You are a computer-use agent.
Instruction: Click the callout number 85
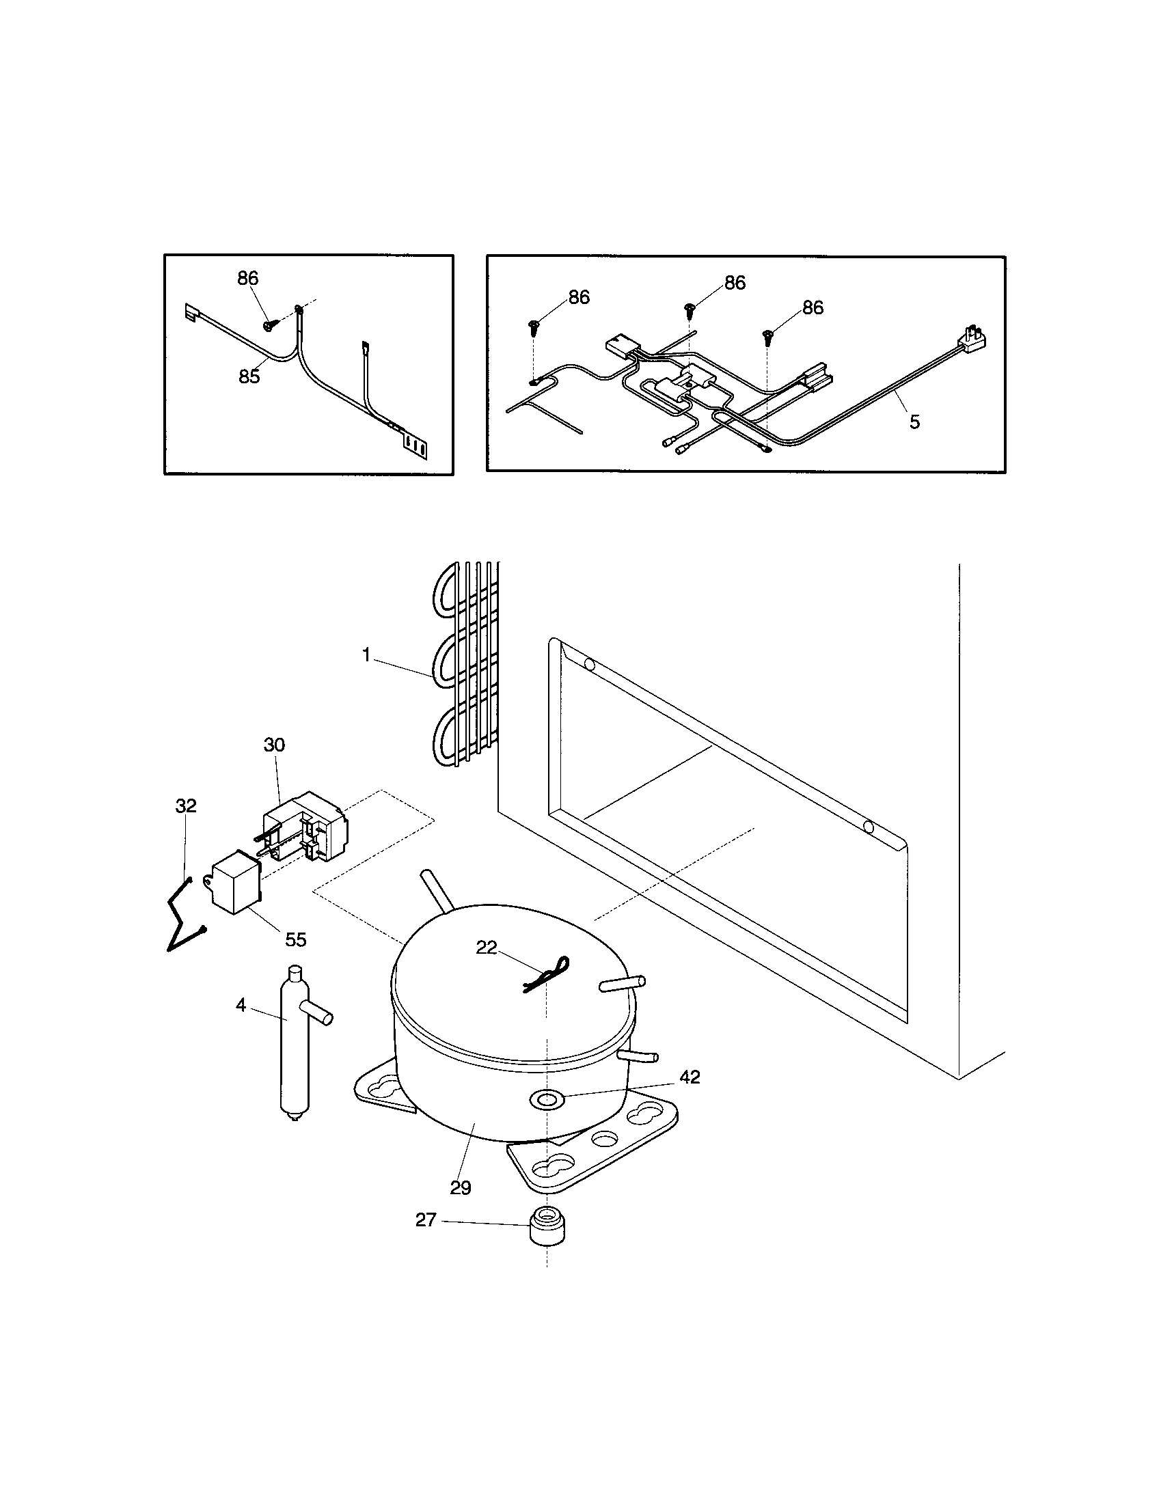(249, 376)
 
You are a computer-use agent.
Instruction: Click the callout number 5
(914, 422)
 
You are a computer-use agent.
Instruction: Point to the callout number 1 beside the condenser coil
(367, 654)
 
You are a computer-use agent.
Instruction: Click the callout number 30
(274, 745)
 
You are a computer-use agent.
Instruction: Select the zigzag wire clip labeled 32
(181, 915)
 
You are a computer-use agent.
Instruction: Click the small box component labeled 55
(234, 883)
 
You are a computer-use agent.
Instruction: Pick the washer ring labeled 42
(545, 1100)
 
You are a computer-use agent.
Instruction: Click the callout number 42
(690, 1077)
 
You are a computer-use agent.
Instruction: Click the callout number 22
(487, 948)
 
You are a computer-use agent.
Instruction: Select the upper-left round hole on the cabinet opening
(589, 665)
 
